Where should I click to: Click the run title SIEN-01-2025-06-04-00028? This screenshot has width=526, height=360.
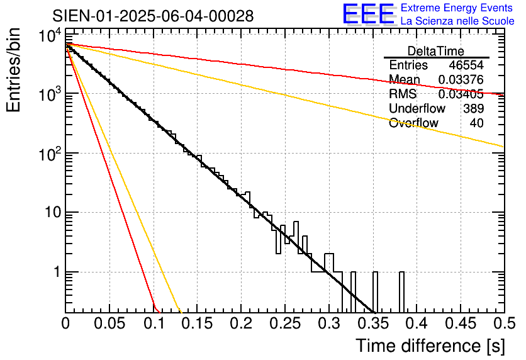154,16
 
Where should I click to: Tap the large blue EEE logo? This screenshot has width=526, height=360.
368,14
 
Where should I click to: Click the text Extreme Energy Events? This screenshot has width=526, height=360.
457,8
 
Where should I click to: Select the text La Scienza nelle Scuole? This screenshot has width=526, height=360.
457,21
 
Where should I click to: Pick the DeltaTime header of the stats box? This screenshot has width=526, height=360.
436,51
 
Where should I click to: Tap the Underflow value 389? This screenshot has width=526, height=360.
473,108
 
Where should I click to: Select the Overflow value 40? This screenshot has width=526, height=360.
477,123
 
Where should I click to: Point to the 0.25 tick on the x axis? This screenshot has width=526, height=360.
284,325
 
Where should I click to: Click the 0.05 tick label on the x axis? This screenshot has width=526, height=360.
109,325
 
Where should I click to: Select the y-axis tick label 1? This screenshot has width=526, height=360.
55,273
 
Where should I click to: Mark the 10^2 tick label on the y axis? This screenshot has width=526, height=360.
48,153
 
